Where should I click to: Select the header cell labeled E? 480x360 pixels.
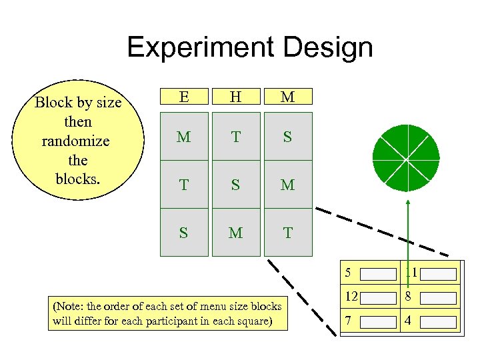183,97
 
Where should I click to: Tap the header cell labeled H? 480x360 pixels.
235,97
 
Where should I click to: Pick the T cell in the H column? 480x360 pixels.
235,137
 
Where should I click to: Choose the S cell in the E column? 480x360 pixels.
183,233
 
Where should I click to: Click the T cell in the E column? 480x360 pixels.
183,185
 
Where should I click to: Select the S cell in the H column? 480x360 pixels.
235,185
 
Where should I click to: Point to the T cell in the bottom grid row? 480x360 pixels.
287,233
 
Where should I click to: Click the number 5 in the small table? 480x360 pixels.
348,273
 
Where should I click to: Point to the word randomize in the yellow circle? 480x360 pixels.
75,141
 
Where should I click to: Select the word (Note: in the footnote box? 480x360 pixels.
67,307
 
